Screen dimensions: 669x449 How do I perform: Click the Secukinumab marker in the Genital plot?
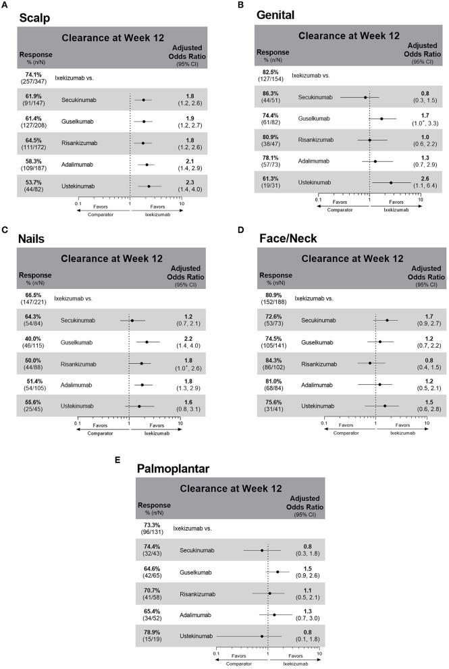click(365, 97)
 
